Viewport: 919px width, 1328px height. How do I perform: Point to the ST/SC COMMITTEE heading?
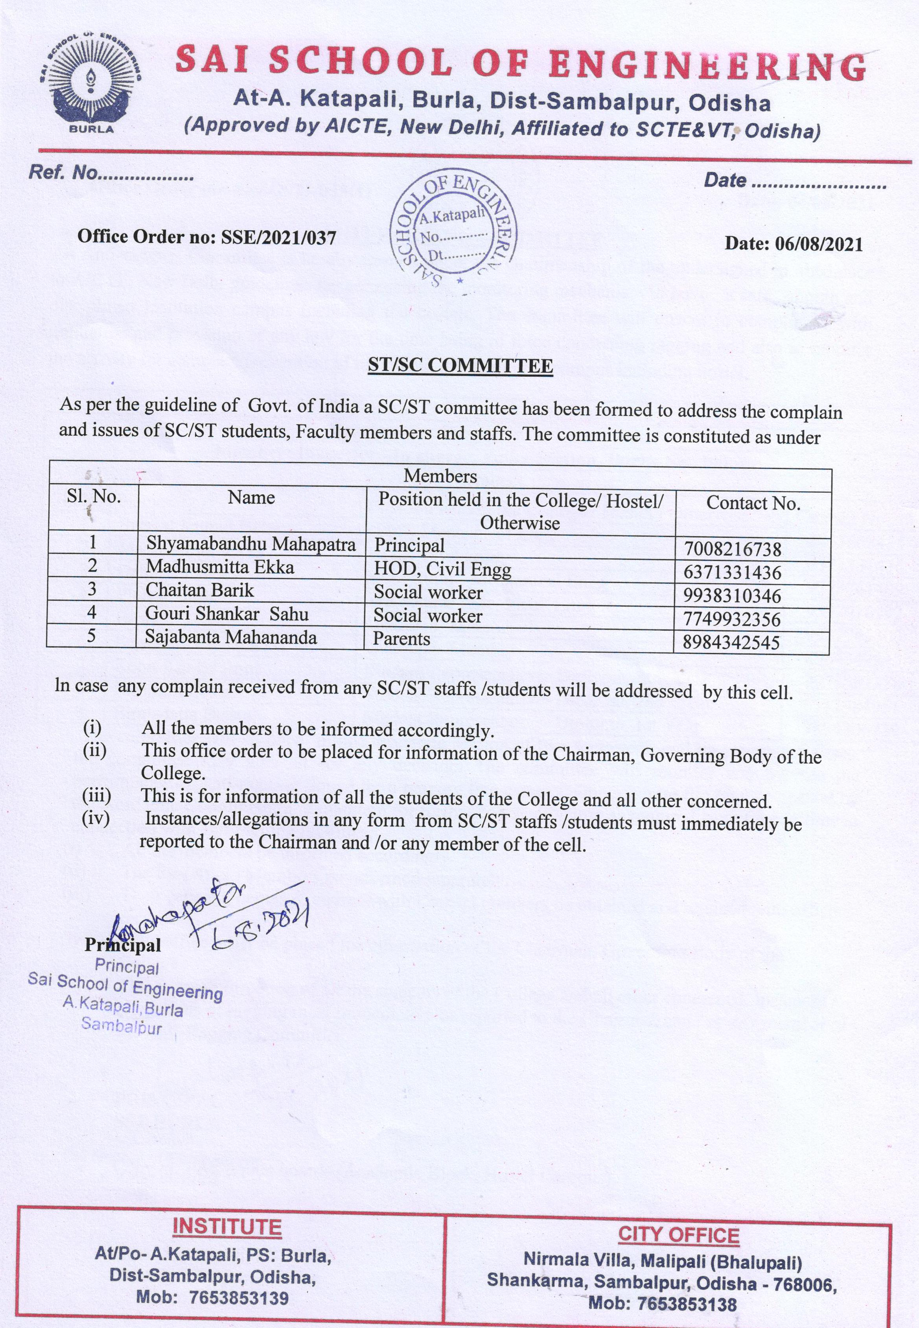tap(460, 366)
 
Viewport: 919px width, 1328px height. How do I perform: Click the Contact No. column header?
tap(753, 503)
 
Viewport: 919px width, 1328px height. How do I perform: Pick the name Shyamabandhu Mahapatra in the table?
tap(250, 544)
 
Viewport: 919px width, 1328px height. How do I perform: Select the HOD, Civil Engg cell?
tap(442, 569)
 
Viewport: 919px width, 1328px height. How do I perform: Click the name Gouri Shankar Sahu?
tap(227, 614)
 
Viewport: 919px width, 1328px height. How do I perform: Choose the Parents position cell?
tap(401, 639)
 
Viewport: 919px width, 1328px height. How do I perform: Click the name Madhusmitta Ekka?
tap(219, 567)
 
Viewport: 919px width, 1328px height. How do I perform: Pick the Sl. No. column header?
tap(93, 497)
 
